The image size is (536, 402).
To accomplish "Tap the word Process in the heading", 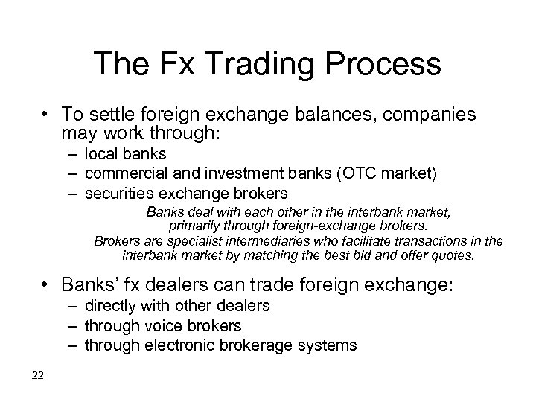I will [383, 65].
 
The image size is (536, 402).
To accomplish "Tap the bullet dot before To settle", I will [47, 115].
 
